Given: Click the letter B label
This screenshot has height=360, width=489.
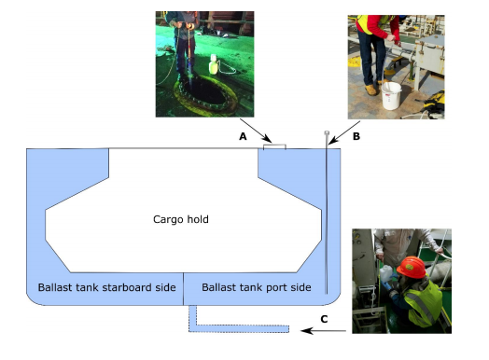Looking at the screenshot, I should click(x=356, y=136).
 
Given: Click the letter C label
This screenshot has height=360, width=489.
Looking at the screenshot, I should click(x=324, y=319).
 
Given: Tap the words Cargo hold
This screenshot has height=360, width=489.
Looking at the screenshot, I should click(x=181, y=219).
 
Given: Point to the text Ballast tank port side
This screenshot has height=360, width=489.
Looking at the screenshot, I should click(x=257, y=287).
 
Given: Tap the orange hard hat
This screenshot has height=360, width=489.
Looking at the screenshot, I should click(x=411, y=268).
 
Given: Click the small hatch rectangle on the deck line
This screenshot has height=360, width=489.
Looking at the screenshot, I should click(x=274, y=145).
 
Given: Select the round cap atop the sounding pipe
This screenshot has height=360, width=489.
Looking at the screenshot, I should click(x=327, y=134).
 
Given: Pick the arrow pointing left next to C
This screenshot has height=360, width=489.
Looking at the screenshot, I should click(x=323, y=331).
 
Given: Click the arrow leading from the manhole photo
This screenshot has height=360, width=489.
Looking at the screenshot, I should click(x=252, y=129).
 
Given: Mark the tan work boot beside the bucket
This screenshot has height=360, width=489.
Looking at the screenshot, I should click(x=372, y=90).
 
